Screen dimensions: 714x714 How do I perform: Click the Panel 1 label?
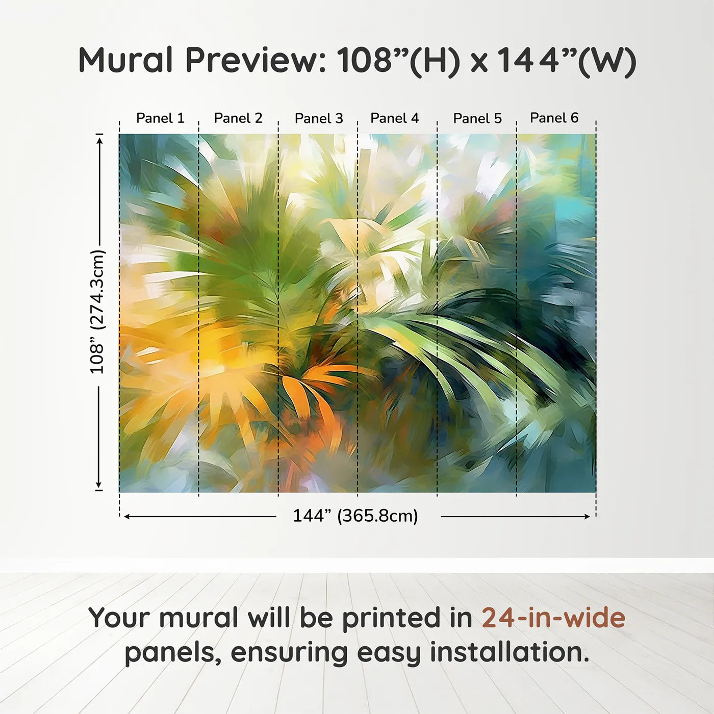coord(160,118)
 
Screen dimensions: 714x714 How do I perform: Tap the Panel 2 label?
coord(238,118)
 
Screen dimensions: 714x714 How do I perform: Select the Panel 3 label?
coord(319,118)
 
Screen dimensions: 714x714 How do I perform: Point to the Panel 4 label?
coord(395,118)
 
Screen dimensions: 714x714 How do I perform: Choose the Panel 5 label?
coord(477,118)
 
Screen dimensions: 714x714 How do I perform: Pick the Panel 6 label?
coord(554,118)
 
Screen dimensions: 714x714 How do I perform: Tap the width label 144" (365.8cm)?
coord(355,516)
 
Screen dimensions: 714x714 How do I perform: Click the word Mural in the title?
coord(125,60)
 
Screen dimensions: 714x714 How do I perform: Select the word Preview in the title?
coord(256,60)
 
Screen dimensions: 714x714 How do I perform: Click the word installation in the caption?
coord(509,652)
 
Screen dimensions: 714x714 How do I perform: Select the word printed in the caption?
coord(407,620)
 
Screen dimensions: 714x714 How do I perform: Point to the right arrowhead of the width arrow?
coord(586,517)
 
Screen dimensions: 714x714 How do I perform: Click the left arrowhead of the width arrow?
coord(127,517)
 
